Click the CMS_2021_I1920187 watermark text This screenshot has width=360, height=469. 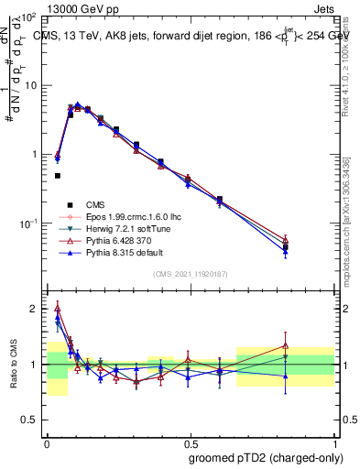coord(190,273)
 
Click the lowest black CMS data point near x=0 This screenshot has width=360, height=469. coord(57,176)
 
